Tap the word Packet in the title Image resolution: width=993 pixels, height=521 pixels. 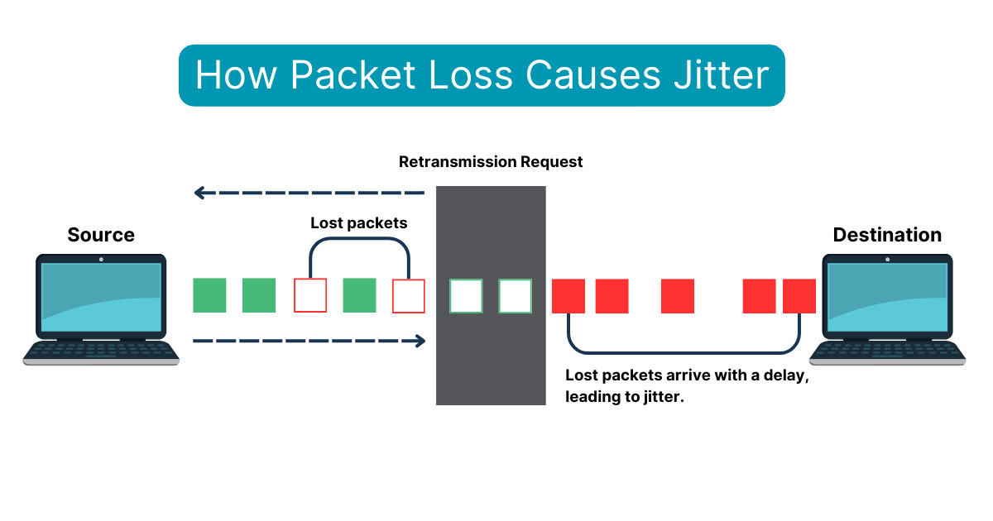tap(352, 75)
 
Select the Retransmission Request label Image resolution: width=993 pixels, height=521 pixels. tap(491, 162)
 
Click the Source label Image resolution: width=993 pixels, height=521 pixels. tap(101, 235)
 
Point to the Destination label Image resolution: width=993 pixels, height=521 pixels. tap(887, 235)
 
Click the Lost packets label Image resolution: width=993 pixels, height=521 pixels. tap(359, 223)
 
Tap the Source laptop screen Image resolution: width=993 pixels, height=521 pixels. tap(101, 295)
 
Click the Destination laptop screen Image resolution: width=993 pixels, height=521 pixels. tap(887, 295)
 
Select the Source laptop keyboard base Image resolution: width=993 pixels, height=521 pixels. tap(101, 352)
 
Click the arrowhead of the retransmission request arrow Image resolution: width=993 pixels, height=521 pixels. tap(199, 193)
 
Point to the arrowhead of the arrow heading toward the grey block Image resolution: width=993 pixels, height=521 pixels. tap(420, 340)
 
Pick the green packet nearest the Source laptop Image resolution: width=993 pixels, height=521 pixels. tap(209, 295)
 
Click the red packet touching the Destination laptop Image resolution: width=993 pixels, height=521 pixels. tap(799, 296)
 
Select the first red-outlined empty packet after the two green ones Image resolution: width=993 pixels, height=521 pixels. tap(310, 295)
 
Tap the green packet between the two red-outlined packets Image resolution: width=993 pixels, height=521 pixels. tap(359, 295)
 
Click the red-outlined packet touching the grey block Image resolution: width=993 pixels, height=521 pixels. tap(409, 295)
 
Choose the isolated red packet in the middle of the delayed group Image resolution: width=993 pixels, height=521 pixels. tap(678, 296)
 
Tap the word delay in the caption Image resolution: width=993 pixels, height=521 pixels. tap(784, 375)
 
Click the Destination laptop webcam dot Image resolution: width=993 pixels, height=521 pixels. tap(887, 259)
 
